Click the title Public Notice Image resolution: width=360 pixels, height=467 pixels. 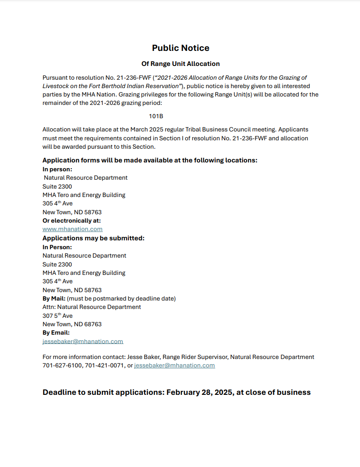tap(180, 48)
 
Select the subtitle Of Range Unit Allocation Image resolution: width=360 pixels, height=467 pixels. tap(180, 64)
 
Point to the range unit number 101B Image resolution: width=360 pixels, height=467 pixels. tap(156, 116)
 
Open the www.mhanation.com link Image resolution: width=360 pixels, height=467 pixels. tap(72, 229)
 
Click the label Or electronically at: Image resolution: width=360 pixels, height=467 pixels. tap(71, 220)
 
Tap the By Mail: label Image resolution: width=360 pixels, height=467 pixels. tap(54, 298)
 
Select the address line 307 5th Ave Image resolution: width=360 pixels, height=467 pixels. tap(57, 316)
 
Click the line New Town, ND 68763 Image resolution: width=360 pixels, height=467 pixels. tap(72, 324)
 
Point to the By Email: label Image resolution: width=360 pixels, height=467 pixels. tap(56, 332)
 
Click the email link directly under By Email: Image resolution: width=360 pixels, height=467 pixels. tap(82, 341)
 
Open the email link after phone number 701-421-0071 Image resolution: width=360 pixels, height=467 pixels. tap(174, 365)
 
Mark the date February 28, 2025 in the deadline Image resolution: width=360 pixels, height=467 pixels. tap(200, 392)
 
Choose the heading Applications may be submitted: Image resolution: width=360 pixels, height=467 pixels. tap(93, 238)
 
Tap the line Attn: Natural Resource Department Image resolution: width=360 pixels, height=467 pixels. tap(92, 307)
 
